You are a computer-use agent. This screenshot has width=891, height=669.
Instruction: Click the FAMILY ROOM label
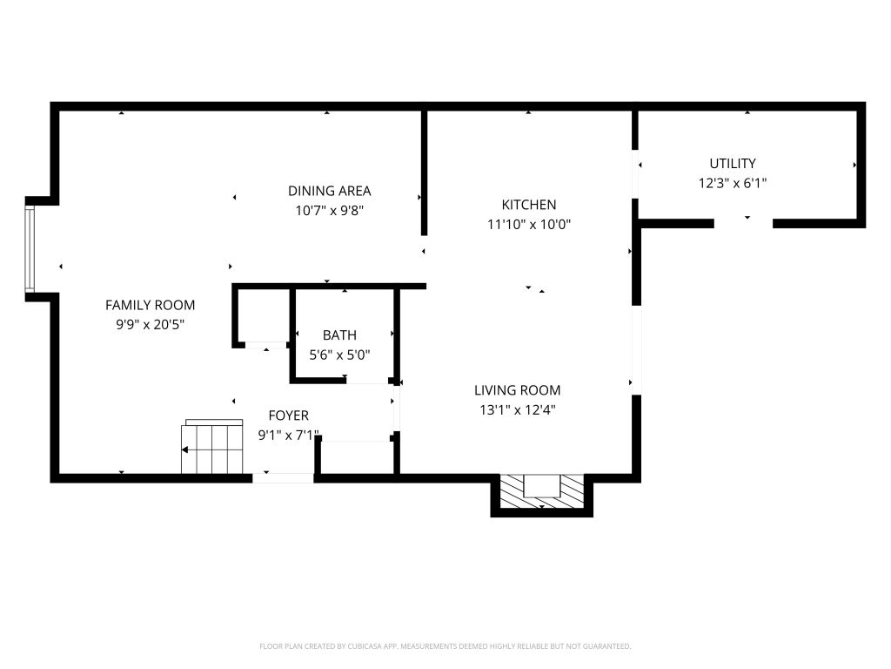pyautogui.click(x=150, y=305)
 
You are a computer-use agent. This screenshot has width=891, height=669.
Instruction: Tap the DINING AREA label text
pyautogui.click(x=329, y=191)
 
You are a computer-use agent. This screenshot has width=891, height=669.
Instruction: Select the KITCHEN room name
pyautogui.click(x=528, y=204)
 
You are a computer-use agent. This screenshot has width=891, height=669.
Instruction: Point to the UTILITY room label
pyautogui.click(x=733, y=163)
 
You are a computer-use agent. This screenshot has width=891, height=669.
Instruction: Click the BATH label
pyautogui.click(x=339, y=335)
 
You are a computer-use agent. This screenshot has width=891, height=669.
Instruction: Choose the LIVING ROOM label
pyautogui.click(x=517, y=389)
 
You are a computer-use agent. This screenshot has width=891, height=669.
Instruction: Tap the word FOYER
pyautogui.click(x=288, y=416)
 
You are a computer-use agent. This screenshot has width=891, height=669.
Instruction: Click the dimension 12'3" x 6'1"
pyautogui.click(x=733, y=183)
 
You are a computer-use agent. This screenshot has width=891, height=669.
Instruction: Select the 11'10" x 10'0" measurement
pyautogui.click(x=528, y=224)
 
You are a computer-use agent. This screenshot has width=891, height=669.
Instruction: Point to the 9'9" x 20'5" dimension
pyautogui.click(x=150, y=324)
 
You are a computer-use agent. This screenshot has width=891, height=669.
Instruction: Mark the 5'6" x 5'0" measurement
pyautogui.click(x=339, y=355)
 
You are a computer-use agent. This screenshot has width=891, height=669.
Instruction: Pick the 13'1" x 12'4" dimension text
pyautogui.click(x=517, y=409)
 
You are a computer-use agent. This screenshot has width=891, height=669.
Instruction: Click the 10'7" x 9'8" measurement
pyautogui.click(x=329, y=210)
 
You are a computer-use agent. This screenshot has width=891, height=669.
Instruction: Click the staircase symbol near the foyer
pyautogui.click(x=212, y=447)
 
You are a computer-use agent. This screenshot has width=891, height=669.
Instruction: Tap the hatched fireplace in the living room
pyautogui.click(x=541, y=491)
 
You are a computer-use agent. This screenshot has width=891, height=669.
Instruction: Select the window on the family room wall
pyautogui.click(x=30, y=249)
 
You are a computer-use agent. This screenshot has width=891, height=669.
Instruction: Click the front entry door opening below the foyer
pyautogui.click(x=283, y=478)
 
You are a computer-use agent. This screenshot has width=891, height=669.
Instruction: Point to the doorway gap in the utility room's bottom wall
pyautogui.click(x=743, y=224)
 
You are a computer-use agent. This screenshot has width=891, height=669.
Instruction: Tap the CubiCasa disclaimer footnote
pyautogui.click(x=445, y=646)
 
